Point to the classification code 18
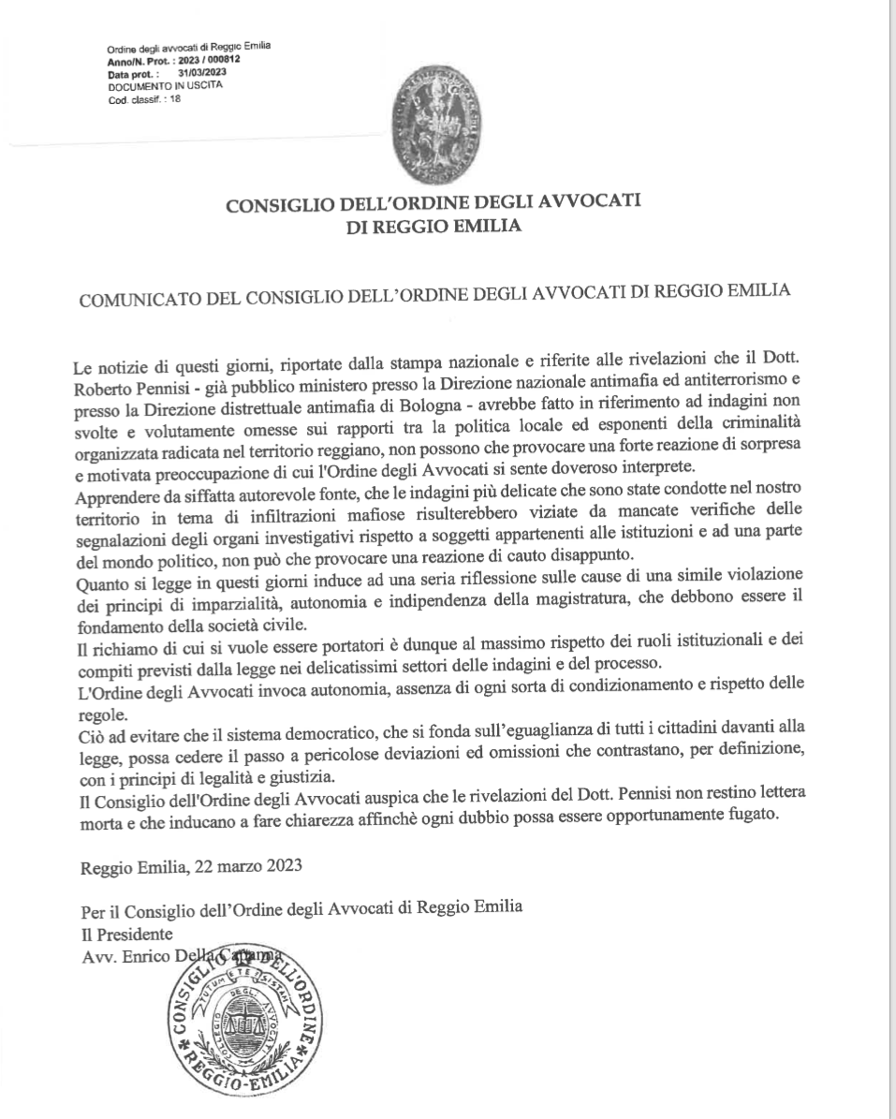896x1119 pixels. (175, 92)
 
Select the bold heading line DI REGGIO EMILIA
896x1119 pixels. (433, 226)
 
